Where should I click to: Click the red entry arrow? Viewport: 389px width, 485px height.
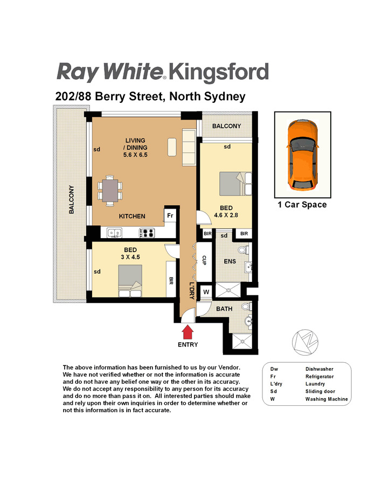point(187,332)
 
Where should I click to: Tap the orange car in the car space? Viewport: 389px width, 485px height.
point(302,155)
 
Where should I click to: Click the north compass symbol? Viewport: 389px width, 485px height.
point(305,342)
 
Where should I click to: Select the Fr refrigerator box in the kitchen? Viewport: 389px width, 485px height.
point(170,215)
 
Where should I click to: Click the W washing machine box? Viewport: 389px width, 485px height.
point(206,292)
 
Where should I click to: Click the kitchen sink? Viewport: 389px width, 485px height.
point(114,233)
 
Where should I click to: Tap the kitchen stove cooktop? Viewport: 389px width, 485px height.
point(147,233)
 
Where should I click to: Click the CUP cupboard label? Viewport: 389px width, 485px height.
point(204,260)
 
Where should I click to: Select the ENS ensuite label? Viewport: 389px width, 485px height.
point(230,261)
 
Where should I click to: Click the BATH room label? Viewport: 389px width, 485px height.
point(224,309)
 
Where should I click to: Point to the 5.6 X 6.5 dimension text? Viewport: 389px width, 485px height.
point(135,155)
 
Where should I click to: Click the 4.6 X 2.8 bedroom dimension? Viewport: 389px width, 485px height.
point(226,215)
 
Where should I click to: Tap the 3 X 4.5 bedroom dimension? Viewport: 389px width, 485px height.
point(130,257)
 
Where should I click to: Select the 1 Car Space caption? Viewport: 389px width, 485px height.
point(302,204)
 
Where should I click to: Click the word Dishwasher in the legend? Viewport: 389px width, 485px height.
point(319,369)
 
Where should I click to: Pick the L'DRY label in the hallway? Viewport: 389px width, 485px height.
point(192,290)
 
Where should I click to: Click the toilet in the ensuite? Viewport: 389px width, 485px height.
point(244,250)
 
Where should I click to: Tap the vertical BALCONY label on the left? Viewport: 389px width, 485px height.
point(72,199)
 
